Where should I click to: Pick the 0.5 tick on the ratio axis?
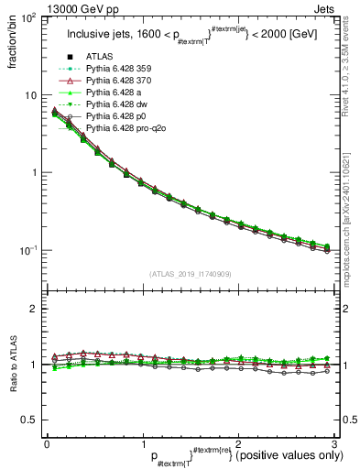[x=30, y=420]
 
